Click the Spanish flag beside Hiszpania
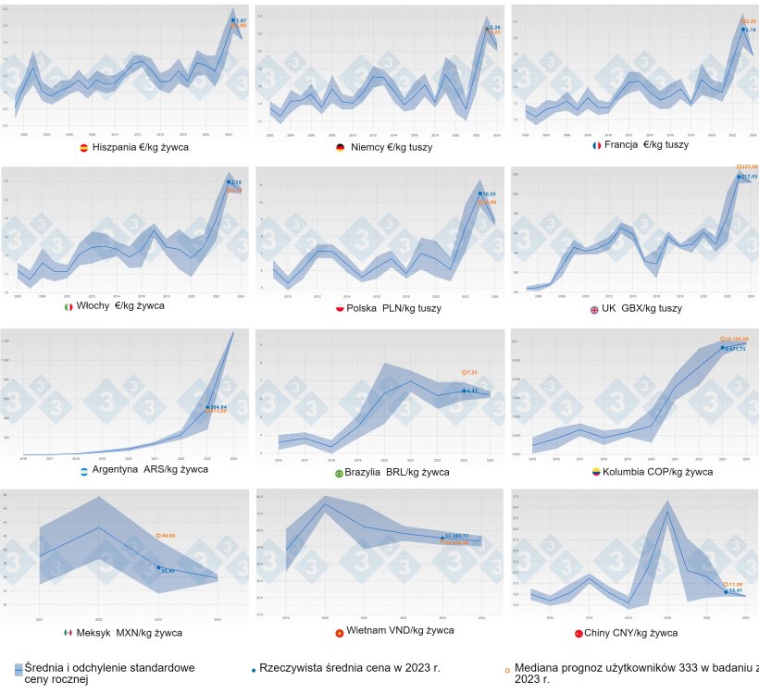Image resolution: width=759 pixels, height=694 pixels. (x=83, y=147)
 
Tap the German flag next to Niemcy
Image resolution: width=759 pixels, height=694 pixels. (x=341, y=147)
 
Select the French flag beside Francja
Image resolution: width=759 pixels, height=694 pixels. (x=597, y=146)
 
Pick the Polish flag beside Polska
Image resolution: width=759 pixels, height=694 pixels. (x=339, y=307)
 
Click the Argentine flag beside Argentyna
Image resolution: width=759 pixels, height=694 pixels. (x=83, y=471)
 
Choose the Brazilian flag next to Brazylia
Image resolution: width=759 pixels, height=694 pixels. (x=340, y=473)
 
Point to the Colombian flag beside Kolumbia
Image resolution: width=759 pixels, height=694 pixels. (x=596, y=472)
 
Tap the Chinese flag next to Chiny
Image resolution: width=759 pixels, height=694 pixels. (x=578, y=634)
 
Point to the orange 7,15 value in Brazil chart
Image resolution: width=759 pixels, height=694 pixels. (x=471, y=373)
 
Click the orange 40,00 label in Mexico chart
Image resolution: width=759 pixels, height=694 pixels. (x=168, y=536)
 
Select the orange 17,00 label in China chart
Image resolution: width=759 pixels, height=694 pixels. (x=735, y=584)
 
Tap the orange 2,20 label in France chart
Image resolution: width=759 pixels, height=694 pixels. (x=749, y=20)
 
